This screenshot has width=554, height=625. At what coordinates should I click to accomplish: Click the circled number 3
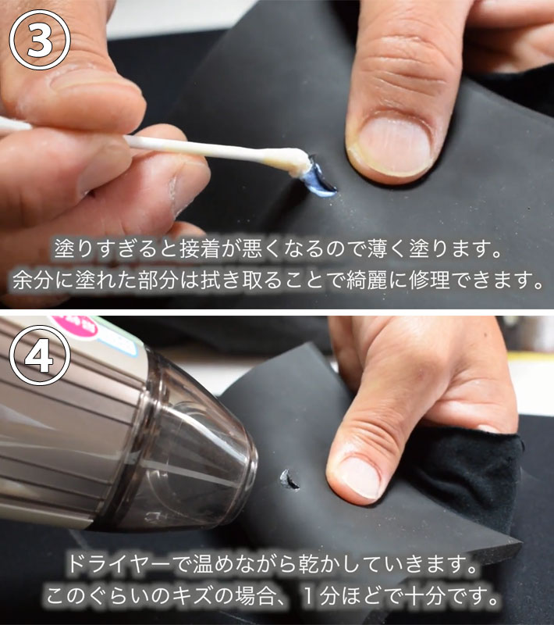[x=40, y=40]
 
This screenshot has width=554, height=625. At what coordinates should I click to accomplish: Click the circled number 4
[x=40, y=355]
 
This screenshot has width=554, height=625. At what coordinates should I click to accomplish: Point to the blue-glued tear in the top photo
[x=318, y=178]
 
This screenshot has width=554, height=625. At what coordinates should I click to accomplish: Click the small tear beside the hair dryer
[x=289, y=480]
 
